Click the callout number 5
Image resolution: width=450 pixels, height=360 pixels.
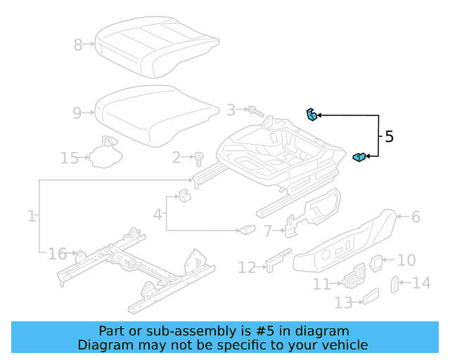(x=389, y=136)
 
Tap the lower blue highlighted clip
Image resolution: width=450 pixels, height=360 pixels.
(x=359, y=157)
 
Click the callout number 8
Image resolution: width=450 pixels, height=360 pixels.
(x=78, y=45)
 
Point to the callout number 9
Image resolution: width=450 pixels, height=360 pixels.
(x=78, y=112)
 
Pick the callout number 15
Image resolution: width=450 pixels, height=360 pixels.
(x=69, y=157)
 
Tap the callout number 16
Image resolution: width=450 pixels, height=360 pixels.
(x=57, y=253)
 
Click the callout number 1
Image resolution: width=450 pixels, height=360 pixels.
(x=32, y=216)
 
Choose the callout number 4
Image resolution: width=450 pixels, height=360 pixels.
(x=159, y=212)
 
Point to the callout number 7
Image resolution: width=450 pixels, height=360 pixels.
(x=268, y=230)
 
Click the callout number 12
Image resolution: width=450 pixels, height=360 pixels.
(x=247, y=267)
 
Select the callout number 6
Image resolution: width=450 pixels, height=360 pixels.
(x=416, y=217)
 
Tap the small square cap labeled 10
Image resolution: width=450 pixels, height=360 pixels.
(x=376, y=261)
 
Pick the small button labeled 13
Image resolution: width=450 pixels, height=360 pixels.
(x=368, y=300)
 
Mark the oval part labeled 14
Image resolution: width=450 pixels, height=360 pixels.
(x=394, y=284)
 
